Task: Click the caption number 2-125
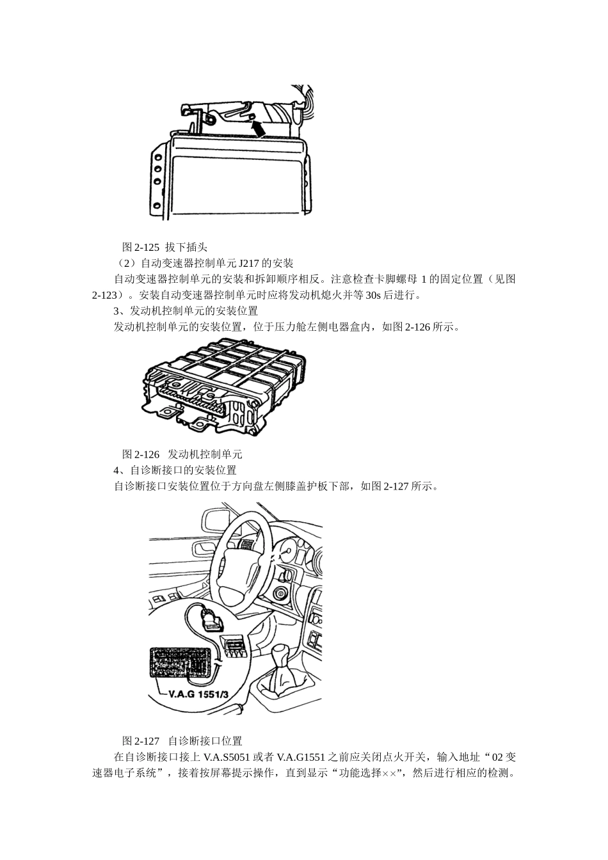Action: pyautogui.click(x=147, y=247)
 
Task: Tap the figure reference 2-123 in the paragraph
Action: pyautogui.click(x=106, y=295)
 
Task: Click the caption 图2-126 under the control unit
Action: pyautogui.click(x=141, y=454)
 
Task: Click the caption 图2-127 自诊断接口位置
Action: pyautogui.click(x=182, y=741)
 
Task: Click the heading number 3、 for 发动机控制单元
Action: pyautogui.click(x=118, y=311)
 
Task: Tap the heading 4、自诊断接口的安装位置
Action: pyautogui.click(x=174, y=470)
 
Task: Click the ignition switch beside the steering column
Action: pyautogui.click(x=280, y=593)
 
